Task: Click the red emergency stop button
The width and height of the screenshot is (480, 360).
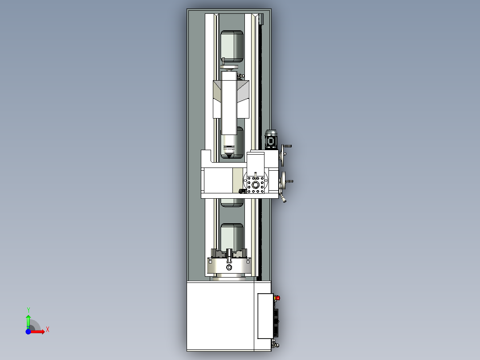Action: click(278, 298)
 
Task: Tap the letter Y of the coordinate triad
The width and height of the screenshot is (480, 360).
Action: click(28, 309)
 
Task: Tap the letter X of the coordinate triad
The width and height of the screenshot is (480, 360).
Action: click(47, 330)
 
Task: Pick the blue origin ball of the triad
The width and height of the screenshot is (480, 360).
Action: click(28, 331)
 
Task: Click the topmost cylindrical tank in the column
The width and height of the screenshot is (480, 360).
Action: click(232, 46)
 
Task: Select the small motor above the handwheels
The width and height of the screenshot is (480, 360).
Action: click(271, 139)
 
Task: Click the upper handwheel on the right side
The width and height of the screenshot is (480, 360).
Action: click(284, 156)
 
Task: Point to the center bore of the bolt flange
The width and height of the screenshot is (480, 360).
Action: click(256, 184)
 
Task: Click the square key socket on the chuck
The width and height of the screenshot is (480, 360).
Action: click(229, 267)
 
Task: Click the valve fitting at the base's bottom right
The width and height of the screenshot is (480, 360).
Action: click(274, 344)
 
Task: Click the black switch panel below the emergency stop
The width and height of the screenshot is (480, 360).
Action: click(277, 322)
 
